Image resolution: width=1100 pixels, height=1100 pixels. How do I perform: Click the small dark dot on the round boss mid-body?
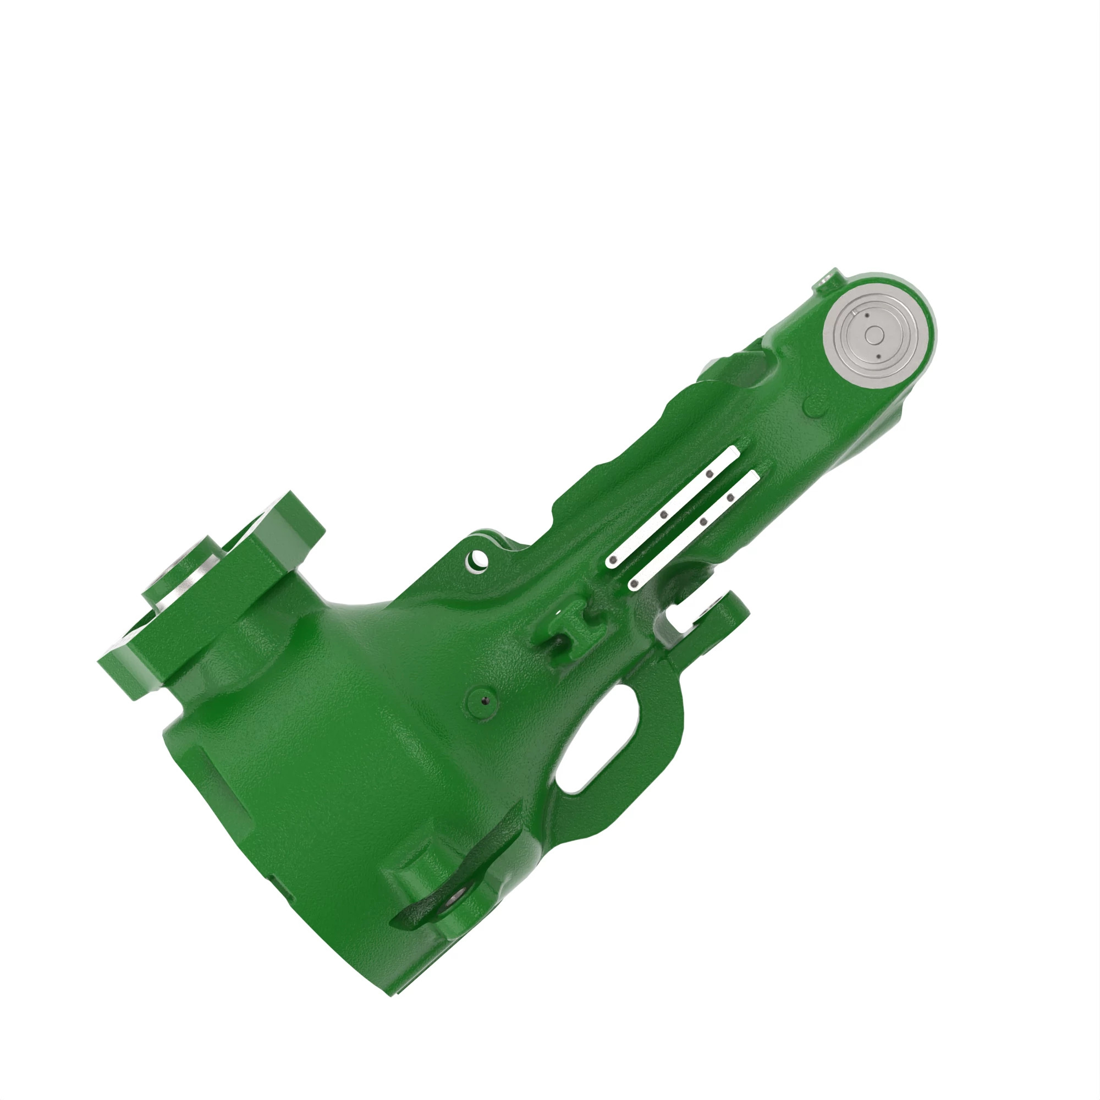pos(485,701)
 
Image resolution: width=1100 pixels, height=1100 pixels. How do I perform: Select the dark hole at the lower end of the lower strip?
pos(632,584)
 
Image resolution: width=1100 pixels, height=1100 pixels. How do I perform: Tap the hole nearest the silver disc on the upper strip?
pos(710,473)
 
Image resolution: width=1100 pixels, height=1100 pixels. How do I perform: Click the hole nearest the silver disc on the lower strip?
pos(729,498)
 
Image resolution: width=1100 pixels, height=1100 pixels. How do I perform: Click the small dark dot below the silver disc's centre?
pos(878,357)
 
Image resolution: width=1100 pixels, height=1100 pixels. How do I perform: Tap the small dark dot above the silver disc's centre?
pos(865,315)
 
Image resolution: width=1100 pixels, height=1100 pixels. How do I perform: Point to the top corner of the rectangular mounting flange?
pos(290,491)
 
